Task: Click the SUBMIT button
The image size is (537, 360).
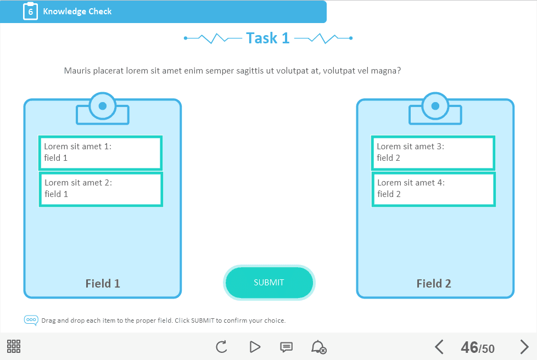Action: point(269,283)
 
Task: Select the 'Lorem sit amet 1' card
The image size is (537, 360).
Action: point(100,153)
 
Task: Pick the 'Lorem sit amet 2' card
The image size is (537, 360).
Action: point(101,189)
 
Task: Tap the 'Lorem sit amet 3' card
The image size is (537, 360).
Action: point(433,153)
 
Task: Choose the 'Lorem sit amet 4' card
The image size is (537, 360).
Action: point(434,189)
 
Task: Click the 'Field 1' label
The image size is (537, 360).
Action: point(103,283)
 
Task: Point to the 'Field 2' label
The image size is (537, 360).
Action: point(434,283)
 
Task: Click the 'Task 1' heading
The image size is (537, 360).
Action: point(268,38)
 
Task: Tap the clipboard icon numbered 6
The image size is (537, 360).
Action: point(31,12)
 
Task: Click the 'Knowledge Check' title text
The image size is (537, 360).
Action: point(77,12)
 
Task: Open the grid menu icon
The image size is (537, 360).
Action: point(14,346)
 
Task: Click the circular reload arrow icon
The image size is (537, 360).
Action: point(222,347)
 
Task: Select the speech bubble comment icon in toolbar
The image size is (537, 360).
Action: point(286,347)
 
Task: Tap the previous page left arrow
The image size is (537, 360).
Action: point(439,347)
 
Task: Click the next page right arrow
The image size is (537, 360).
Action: point(524,347)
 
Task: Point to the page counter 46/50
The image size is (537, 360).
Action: point(478,348)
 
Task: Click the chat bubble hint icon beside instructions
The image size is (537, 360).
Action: point(31,320)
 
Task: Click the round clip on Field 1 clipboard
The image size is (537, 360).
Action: point(102,106)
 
